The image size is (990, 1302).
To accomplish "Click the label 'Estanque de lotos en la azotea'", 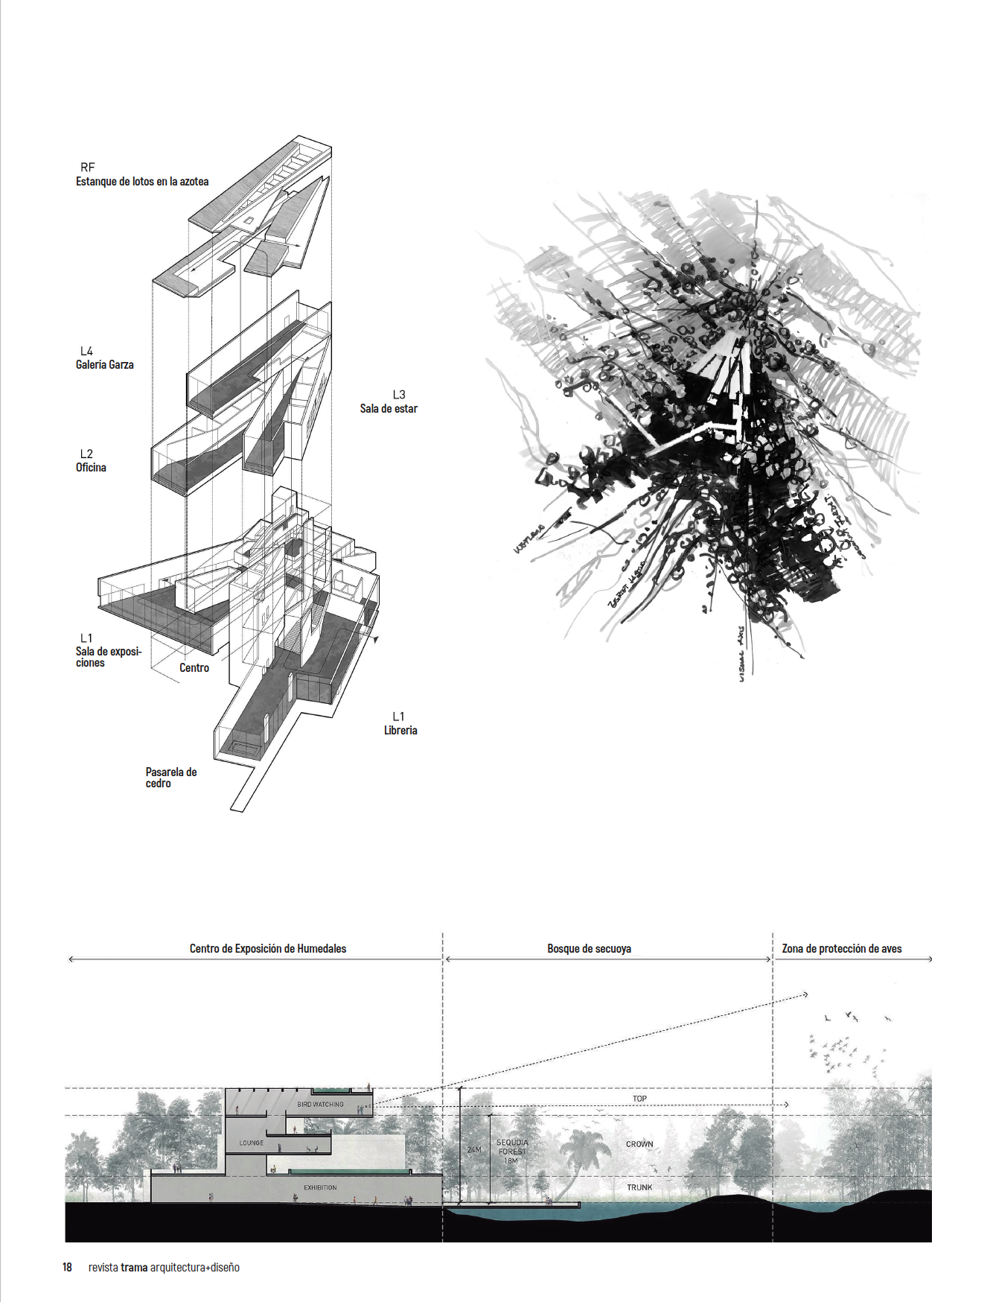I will point(142,182).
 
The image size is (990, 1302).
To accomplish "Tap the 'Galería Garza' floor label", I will point(105,365).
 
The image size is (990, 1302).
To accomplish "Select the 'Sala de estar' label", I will point(389,409).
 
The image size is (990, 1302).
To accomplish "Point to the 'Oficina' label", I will point(91,468).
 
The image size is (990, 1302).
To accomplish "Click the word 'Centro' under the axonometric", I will point(194,668).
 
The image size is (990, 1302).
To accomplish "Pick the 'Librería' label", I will point(400,731).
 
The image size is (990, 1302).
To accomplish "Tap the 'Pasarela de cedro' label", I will point(170,778).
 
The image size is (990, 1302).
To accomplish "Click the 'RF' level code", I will point(88,168).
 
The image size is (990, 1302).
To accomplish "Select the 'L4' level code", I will point(86,352).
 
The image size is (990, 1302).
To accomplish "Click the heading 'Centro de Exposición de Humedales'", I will point(268,949).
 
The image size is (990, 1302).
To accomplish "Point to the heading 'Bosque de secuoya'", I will point(589,949).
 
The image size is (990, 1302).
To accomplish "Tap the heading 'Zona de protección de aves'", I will point(842,949).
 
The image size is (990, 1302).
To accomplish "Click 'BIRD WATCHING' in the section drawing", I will point(320,1105).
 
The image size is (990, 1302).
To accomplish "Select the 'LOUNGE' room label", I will point(252,1143).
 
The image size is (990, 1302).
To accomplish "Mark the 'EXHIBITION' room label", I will point(320,1187).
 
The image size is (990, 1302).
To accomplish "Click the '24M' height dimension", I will point(474,1150).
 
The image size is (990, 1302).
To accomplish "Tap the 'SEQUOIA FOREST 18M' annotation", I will point(512,1152).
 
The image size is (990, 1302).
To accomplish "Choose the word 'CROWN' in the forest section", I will point(639,1144).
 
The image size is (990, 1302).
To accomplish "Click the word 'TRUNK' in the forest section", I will point(639,1187).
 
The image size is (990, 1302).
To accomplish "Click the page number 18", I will point(67,1267).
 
